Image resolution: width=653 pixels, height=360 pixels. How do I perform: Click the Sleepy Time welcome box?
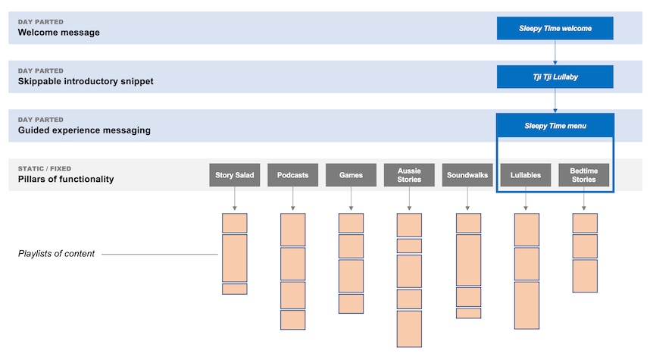555,28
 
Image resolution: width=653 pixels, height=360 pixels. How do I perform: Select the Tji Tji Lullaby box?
555,77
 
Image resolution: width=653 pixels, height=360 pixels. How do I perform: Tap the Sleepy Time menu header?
555,125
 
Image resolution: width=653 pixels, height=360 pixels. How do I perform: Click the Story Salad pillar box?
235,175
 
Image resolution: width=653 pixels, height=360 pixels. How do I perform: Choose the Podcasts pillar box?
292,175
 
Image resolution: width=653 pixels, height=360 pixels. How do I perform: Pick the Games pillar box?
351,175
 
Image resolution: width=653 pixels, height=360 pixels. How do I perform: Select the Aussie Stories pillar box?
409,175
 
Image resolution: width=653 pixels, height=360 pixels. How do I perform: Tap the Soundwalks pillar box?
467,175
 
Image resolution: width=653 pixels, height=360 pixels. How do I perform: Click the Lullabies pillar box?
526,175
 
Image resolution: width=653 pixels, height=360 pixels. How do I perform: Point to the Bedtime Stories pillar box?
583,175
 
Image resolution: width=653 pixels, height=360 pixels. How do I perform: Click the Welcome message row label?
59,33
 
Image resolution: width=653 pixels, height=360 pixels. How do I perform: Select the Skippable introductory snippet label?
86,81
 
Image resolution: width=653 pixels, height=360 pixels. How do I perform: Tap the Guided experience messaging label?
84,130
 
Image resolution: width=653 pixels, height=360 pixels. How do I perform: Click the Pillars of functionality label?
66,179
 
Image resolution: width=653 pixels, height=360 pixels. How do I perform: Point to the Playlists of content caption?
56,253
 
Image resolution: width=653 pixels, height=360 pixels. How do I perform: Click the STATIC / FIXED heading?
45,168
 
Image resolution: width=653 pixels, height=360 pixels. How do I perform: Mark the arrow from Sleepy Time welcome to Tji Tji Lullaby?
555,52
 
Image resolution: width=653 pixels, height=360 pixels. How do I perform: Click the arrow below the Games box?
351,199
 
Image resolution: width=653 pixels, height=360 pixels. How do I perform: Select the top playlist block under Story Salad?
235,223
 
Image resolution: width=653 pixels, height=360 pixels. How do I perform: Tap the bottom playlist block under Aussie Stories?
409,329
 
